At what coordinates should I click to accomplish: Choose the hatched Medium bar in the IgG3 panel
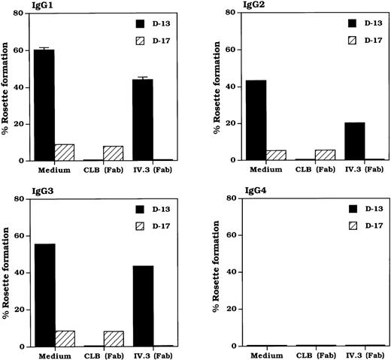(x=65, y=339)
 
